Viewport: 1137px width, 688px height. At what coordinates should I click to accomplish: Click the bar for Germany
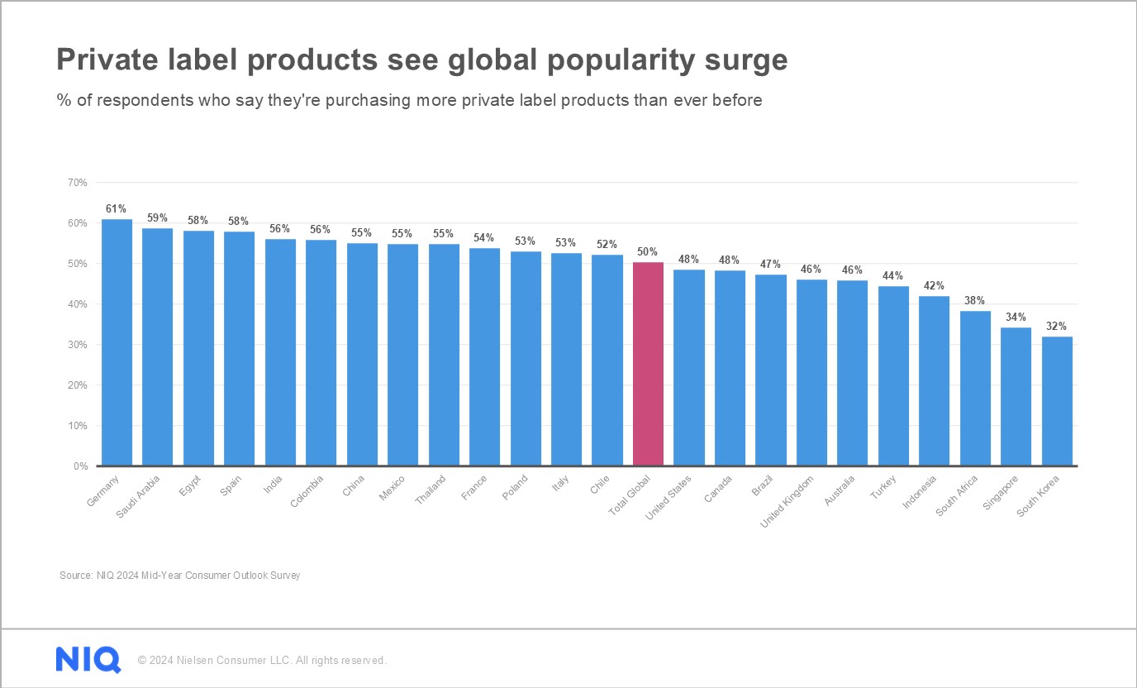[117, 342]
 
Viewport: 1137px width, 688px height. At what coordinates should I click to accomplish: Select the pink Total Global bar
[648, 364]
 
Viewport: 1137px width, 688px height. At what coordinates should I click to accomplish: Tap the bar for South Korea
[1057, 401]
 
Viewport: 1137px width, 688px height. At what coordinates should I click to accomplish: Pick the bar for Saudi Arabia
[158, 346]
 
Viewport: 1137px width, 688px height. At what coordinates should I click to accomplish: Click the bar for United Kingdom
[811, 373]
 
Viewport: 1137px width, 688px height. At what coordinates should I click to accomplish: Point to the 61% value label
[116, 209]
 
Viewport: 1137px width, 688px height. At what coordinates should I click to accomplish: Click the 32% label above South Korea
[1057, 327]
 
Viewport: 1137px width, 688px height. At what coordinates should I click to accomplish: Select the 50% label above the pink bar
[648, 252]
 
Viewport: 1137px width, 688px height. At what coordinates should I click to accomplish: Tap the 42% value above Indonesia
[934, 286]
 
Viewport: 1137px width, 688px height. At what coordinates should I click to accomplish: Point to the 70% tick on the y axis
[78, 183]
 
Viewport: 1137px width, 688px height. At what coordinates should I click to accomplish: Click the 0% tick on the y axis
[80, 466]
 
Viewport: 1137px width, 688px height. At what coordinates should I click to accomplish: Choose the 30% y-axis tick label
[78, 345]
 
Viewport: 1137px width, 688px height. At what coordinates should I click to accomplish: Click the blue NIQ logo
[88, 660]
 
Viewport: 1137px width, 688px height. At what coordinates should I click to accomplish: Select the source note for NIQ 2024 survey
[179, 575]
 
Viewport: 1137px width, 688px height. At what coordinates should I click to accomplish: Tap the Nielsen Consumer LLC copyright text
[262, 661]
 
